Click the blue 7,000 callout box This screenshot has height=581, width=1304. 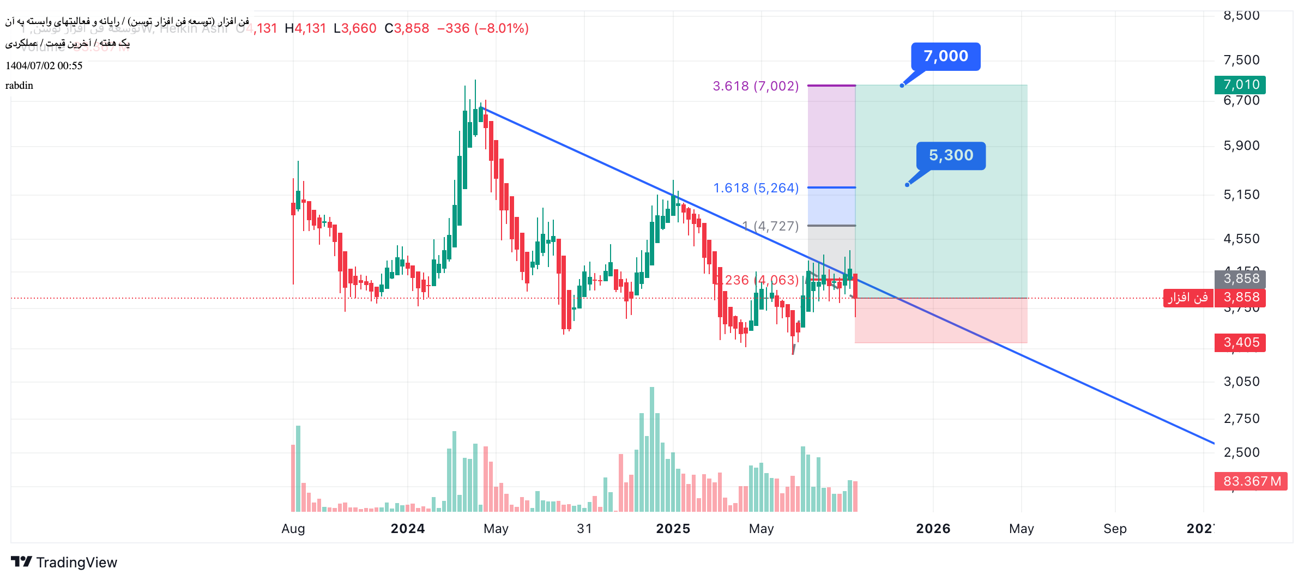[x=945, y=56]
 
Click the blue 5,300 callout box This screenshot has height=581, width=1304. [x=951, y=155]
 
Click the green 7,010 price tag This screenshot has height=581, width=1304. [x=1240, y=84]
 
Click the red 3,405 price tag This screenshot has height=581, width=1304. [x=1240, y=342]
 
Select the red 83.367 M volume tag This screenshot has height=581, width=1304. [x=1251, y=481]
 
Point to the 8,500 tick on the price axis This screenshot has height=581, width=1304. [x=1241, y=15]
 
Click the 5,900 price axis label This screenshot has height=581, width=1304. [x=1241, y=146]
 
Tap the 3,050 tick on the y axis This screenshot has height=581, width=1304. [x=1241, y=382]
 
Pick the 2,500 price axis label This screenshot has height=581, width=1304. [x=1241, y=452]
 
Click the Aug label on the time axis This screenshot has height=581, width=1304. [x=293, y=529]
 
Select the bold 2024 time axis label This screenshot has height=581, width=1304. [x=408, y=529]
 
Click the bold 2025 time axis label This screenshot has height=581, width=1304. [x=673, y=529]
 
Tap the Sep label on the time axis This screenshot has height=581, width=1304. [x=1115, y=529]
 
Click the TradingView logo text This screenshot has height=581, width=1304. [x=76, y=562]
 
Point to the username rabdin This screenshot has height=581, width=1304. [x=19, y=86]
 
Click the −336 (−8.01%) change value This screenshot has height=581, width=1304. [x=483, y=28]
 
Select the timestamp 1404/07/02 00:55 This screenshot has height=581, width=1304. [x=44, y=66]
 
